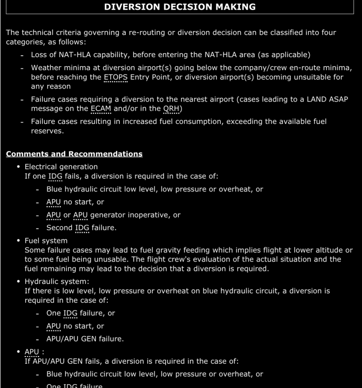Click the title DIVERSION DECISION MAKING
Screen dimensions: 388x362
click(181, 7)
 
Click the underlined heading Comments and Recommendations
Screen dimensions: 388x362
click(74, 154)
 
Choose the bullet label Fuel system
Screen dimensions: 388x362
click(46, 240)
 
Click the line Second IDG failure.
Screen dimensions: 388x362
click(81, 228)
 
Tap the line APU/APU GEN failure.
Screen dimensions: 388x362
click(85, 339)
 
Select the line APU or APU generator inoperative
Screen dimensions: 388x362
click(113, 215)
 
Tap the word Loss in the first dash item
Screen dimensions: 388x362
click(40, 55)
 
